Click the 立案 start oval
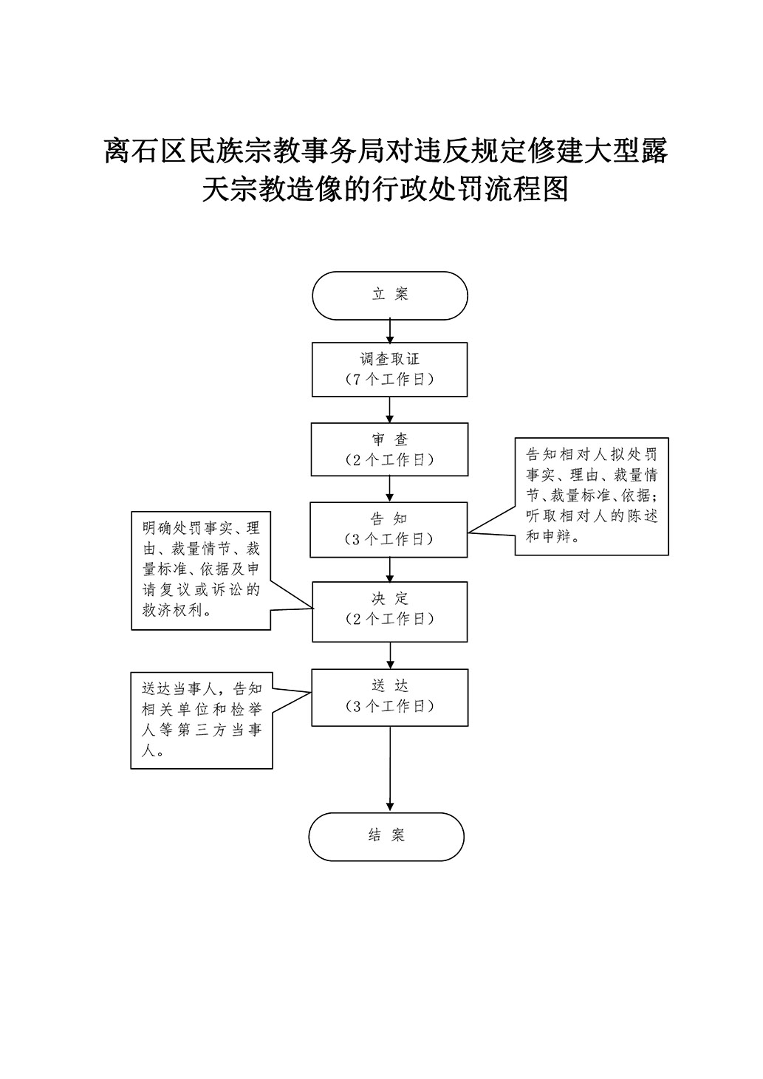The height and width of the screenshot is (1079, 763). coord(390,295)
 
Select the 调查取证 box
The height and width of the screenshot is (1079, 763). coord(390,369)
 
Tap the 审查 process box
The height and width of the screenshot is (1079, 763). coord(390,450)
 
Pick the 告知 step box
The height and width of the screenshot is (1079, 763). coord(389,530)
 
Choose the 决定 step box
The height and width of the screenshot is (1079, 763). coord(390,612)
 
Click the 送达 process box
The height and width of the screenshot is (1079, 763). coord(390,697)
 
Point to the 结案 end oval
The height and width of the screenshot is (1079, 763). coord(386,837)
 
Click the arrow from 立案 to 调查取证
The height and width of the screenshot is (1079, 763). coord(390,332)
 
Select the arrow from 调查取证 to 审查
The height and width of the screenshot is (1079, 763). coord(390,410)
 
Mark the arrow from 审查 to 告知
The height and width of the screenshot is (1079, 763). coord(390,490)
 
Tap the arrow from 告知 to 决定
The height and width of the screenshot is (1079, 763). coord(390,570)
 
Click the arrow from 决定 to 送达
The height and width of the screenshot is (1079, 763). coord(390,656)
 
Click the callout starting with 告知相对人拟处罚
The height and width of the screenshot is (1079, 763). coord(592,496)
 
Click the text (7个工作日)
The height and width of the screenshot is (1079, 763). coord(390,380)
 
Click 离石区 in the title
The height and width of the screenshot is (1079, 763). coord(146,151)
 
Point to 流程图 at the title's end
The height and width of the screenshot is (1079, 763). coord(527,188)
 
